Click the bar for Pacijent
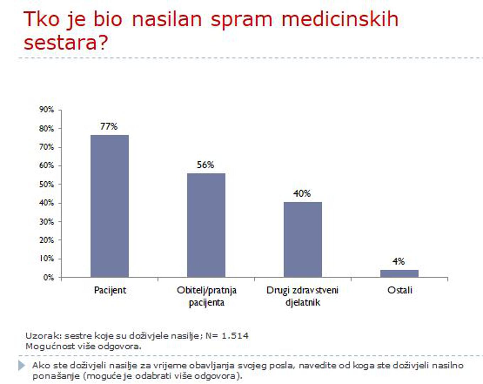[x=109, y=206]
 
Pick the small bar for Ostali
[x=399, y=273]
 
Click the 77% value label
[x=109, y=126]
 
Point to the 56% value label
[x=205, y=165]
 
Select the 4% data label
[x=399, y=261]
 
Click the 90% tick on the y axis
[x=47, y=110]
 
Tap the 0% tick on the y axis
[x=48, y=277]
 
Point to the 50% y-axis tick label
[x=47, y=184]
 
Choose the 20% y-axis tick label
[x=47, y=240]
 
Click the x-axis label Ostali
[x=400, y=290]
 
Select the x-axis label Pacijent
[x=110, y=290]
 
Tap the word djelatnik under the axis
[x=303, y=303]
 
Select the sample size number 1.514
[x=235, y=336]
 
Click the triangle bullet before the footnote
[x=22, y=365]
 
